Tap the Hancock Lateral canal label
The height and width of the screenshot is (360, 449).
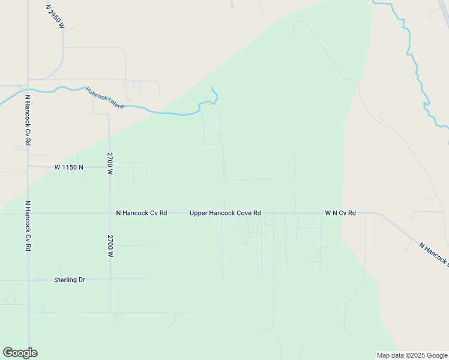click(x=104, y=98)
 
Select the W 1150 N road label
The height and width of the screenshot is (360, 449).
click(x=69, y=167)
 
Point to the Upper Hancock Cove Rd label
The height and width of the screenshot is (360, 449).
click(x=225, y=213)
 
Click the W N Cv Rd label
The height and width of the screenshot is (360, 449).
click(x=340, y=213)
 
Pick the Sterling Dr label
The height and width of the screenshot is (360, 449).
click(x=70, y=280)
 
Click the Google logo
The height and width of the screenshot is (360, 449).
click(x=20, y=353)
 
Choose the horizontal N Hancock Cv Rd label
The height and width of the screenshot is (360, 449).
click(x=142, y=213)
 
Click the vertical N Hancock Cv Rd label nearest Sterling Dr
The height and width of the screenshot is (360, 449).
click(x=28, y=226)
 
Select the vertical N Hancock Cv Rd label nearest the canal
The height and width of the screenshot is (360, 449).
click(x=28, y=120)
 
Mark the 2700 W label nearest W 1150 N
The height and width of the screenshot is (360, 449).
click(x=110, y=163)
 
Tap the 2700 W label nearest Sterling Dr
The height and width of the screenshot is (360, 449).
click(x=110, y=246)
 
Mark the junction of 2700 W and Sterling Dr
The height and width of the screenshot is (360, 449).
click(x=110, y=279)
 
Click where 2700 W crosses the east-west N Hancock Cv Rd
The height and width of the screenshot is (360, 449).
click(x=110, y=213)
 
